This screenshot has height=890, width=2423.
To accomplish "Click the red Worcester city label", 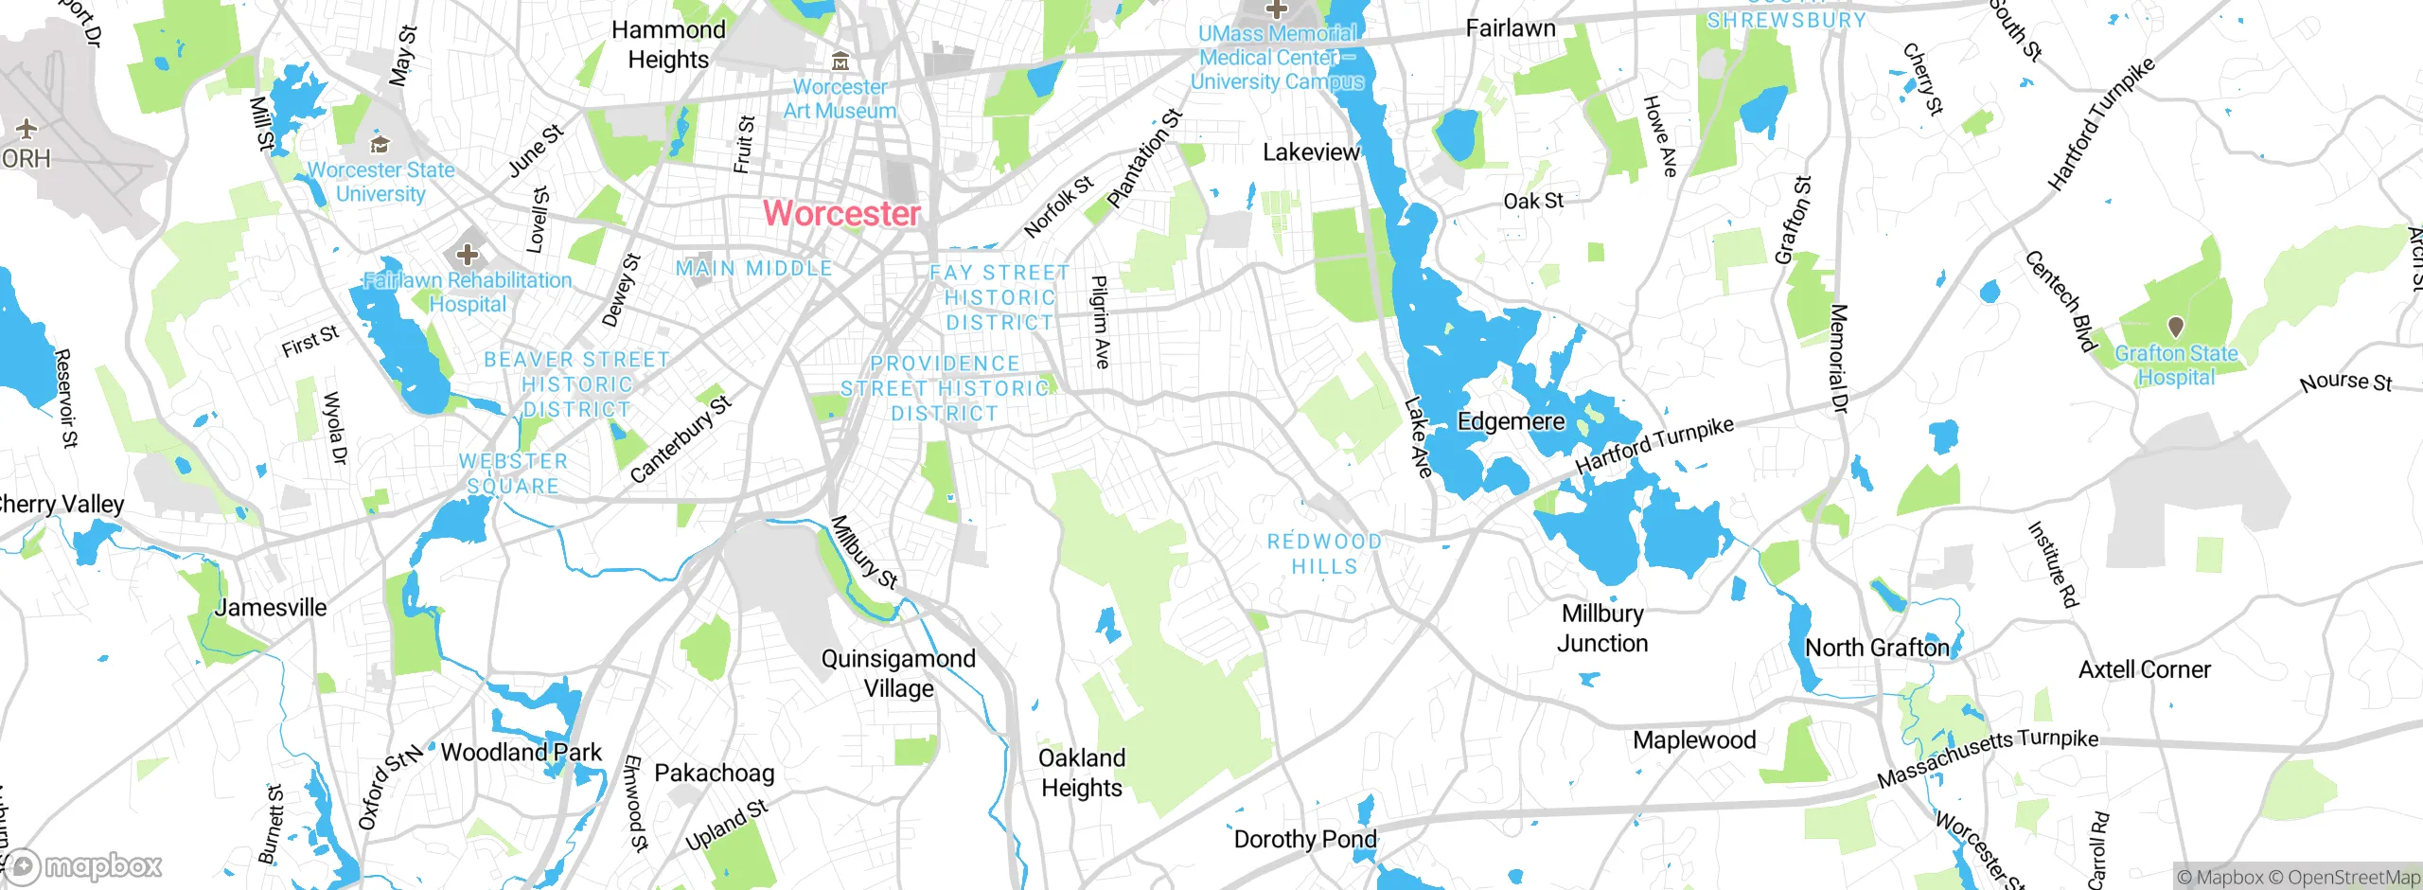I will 841,213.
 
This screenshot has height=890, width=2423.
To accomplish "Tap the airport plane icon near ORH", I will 27,128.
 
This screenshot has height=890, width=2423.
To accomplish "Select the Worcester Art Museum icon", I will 840,62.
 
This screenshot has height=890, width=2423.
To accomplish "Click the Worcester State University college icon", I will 380,144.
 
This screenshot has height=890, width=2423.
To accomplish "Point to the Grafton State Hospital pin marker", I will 2176,327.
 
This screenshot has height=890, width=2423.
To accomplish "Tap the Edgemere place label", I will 1511,421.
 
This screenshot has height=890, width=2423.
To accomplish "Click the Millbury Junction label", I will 1602,628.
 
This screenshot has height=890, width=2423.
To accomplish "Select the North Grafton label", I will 1877,648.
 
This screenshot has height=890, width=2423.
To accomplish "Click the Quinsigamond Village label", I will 898,673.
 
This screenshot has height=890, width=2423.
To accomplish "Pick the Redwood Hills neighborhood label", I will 1324,554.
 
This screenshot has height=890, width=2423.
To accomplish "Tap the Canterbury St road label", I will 681,439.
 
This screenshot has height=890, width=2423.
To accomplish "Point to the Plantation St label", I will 1145,158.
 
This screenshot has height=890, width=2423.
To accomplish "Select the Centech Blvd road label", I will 2060,300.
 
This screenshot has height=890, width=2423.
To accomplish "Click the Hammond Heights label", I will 668,44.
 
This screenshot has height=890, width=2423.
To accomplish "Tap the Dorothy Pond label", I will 1305,839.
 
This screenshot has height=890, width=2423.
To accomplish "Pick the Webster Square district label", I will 513,473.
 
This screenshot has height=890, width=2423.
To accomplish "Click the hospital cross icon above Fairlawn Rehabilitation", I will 467,254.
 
